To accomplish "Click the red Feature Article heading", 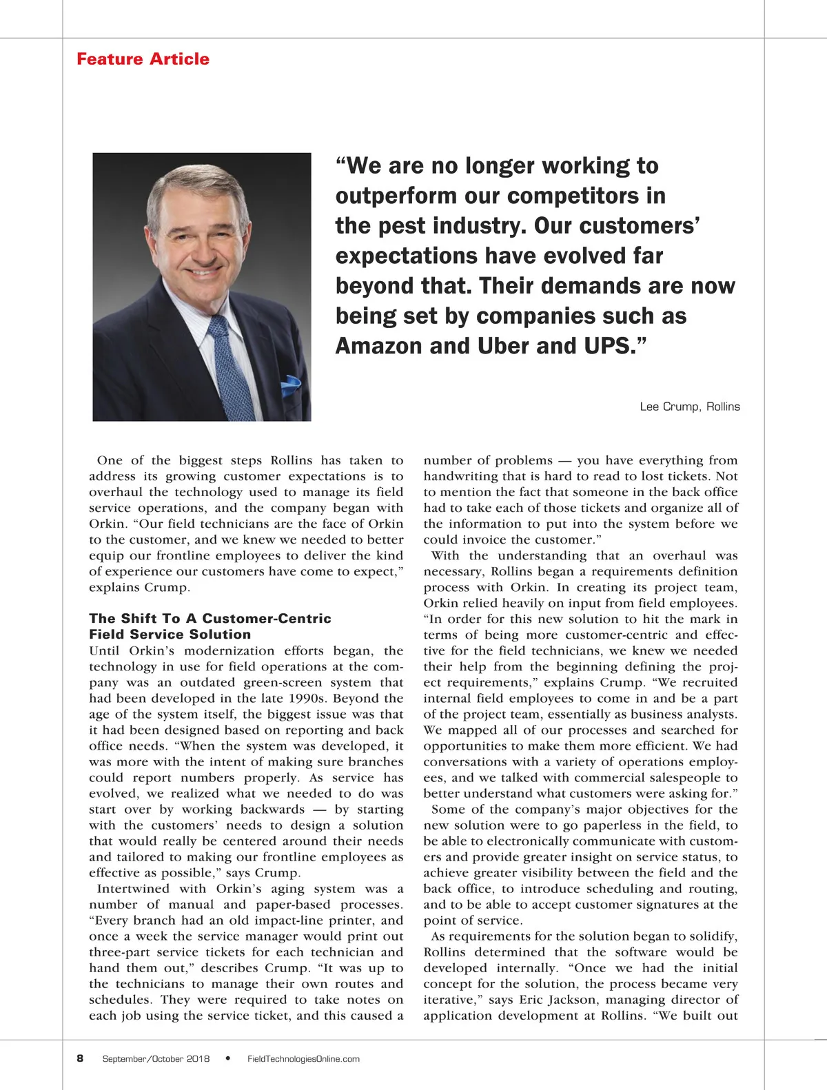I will pos(143,59).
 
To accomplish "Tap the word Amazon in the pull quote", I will pos(379,345).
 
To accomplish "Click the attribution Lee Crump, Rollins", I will pos(689,407).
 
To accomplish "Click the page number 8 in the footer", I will pos(80,1058).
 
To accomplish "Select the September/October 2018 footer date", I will pos(156,1059).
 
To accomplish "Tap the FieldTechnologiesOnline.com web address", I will pos(303,1059).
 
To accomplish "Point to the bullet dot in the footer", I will pos(228,1058).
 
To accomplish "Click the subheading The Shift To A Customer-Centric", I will pos(210,619).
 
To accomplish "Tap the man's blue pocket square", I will pos(292,386).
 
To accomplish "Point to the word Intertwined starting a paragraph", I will pos(134,889).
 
